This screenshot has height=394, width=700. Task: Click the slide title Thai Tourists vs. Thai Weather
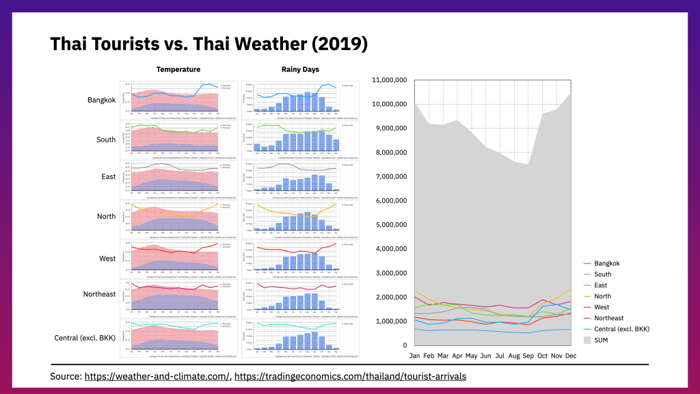[x=209, y=44]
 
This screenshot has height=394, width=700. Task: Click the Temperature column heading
[x=178, y=69]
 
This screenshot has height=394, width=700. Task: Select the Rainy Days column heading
[x=300, y=69]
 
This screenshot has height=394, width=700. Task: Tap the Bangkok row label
[x=102, y=100]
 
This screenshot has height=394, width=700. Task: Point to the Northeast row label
[x=98, y=294]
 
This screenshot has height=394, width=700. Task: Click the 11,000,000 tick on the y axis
[x=390, y=80]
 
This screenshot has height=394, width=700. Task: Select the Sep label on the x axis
[x=528, y=356]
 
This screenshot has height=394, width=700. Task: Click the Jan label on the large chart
[x=414, y=356]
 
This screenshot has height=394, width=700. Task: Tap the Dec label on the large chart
[x=571, y=356]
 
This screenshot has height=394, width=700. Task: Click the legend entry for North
[x=604, y=296]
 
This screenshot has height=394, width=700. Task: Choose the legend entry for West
[x=603, y=307]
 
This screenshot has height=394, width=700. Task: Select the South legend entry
[x=604, y=274]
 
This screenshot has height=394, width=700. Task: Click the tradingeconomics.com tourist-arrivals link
[x=351, y=376]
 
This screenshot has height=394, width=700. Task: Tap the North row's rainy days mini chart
[x=300, y=217]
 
